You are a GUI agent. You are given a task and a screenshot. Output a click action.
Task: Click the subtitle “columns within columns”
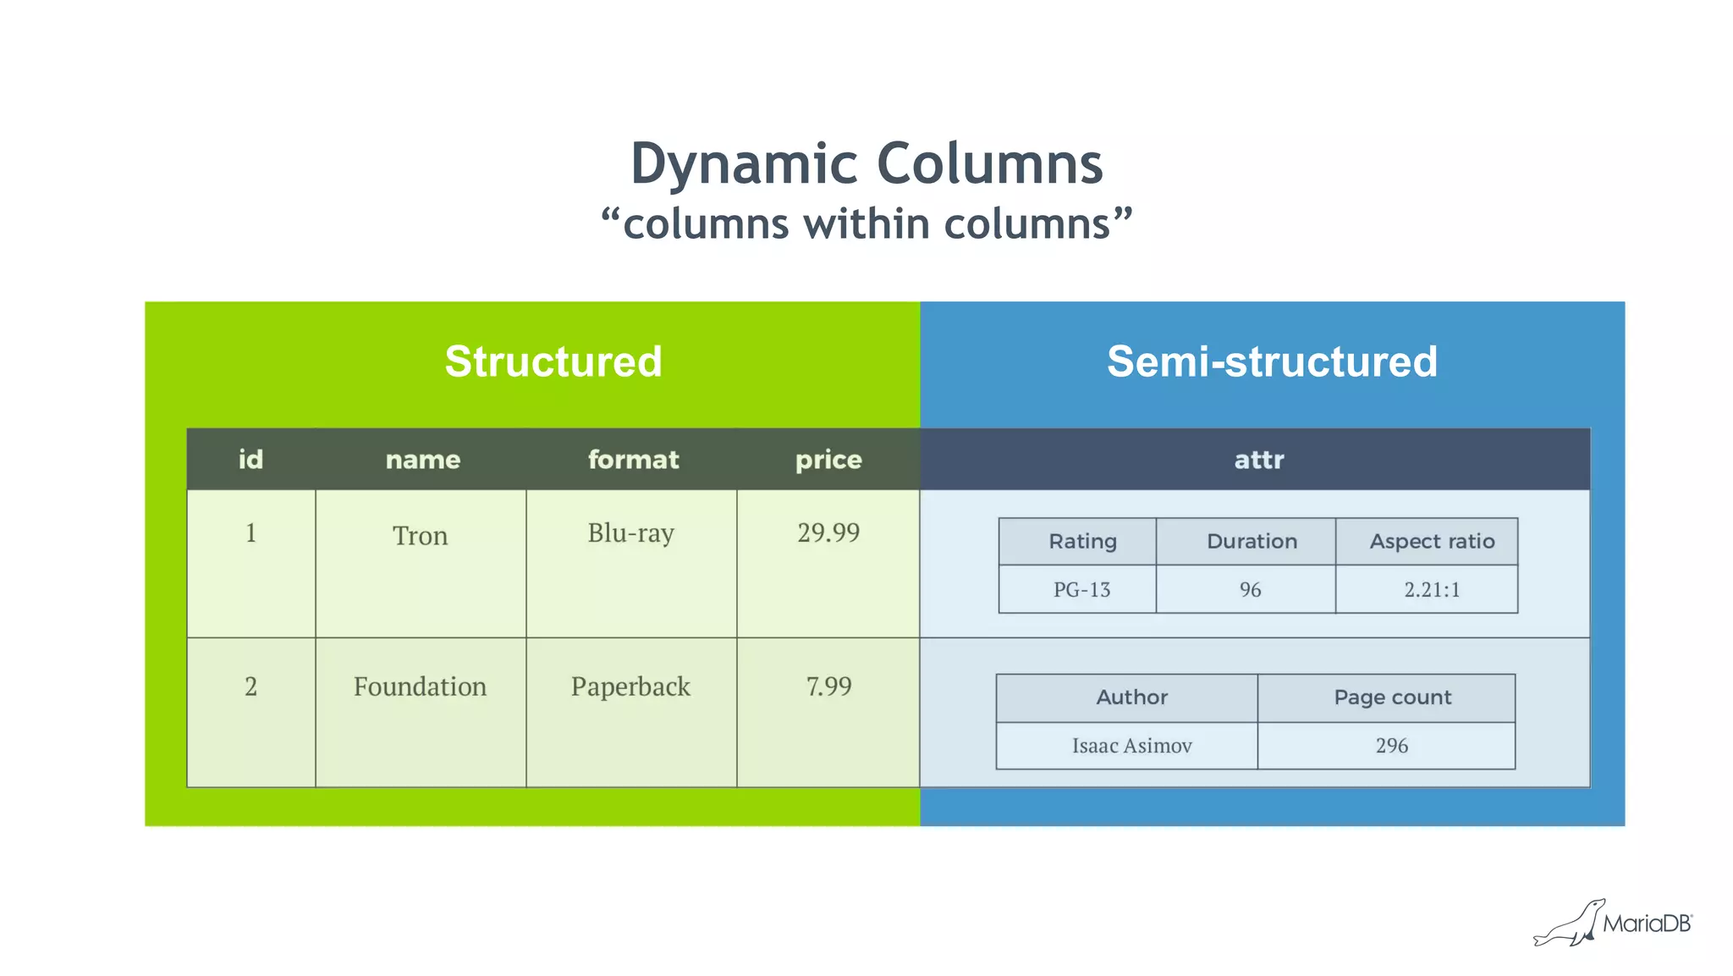[x=866, y=224]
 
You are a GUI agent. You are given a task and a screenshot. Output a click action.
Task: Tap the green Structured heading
[x=553, y=361]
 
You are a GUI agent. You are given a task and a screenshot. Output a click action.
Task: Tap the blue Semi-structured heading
[x=1272, y=361]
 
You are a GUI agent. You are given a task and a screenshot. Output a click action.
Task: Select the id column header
[x=250, y=460]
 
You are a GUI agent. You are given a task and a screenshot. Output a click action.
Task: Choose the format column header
[x=633, y=460]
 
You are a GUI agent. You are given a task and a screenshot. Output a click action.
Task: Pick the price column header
[x=828, y=460]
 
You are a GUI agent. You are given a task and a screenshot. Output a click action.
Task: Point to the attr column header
[x=1258, y=460]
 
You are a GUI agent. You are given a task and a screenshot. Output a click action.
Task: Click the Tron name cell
[x=420, y=536]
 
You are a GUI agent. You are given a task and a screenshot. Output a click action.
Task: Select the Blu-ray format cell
[x=630, y=533]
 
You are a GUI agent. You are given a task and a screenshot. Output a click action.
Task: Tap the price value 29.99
[x=828, y=532]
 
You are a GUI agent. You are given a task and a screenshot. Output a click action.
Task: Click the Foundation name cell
[x=420, y=687]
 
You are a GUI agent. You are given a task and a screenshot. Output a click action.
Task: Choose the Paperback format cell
[x=630, y=687]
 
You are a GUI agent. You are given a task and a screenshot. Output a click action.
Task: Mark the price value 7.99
[x=828, y=687]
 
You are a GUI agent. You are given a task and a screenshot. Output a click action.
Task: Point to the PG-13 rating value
[x=1081, y=590]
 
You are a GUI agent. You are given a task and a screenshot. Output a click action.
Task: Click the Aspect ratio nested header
[x=1432, y=542]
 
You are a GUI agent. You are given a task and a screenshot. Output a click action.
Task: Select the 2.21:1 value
[x=1432, y=590]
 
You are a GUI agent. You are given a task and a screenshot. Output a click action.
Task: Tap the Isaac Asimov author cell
[x=1131, y=746]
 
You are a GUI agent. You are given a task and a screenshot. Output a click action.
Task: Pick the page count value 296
[x=1391, y=746]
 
